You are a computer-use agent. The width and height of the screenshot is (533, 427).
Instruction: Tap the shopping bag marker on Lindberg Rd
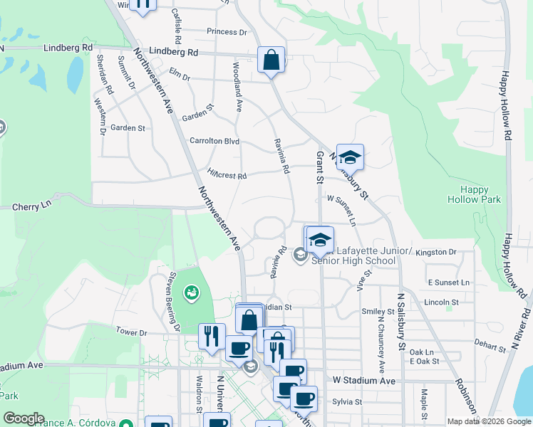tap(271, 60)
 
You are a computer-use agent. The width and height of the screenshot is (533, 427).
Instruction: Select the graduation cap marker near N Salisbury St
tap(350, 157)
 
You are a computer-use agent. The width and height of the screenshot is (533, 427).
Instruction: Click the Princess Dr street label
tap(227, 32)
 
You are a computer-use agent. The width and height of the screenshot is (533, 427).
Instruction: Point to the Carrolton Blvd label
tap(214, 141)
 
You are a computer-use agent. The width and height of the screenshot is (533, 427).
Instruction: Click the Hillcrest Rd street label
tap(227, 175)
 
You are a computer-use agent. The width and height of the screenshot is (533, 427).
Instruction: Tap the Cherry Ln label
tap(33, 205)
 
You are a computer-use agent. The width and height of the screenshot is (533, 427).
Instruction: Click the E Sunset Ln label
tap(449, 283)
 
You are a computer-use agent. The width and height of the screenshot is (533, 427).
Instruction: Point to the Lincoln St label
tap(440, 302)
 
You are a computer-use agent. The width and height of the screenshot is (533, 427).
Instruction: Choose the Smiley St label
tap(378, 312)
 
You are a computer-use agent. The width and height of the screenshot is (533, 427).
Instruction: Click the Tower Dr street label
tap(131, 332)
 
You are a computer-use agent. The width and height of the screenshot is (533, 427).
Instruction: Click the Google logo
tap(24, 418)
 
